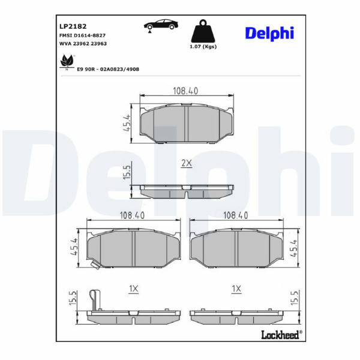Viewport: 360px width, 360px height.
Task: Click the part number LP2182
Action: pyautogui.click(x=73, y=26)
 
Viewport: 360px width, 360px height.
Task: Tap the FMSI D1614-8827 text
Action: pyautogui.click(x=82, y=35)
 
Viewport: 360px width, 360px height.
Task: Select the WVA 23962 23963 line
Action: pyautogui.click(x=83, y=43)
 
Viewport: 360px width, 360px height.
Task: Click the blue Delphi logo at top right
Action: pyautogui.click(x=269, y=34)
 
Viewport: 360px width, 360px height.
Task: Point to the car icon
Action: pyautogui.click(x=161, y=25)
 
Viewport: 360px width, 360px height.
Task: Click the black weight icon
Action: pyautogui.click(x=203, y=31)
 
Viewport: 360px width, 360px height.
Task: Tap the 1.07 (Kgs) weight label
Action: pyautogui.click(x=203, y=47)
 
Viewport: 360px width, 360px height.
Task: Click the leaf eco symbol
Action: pyautogui.click(x=67, y=62)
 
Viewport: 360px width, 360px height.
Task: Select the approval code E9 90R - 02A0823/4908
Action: pyautogui.click(x=108, y=69)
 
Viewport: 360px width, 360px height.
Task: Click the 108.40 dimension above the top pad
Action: pyautogui.click(x=185, y=91)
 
